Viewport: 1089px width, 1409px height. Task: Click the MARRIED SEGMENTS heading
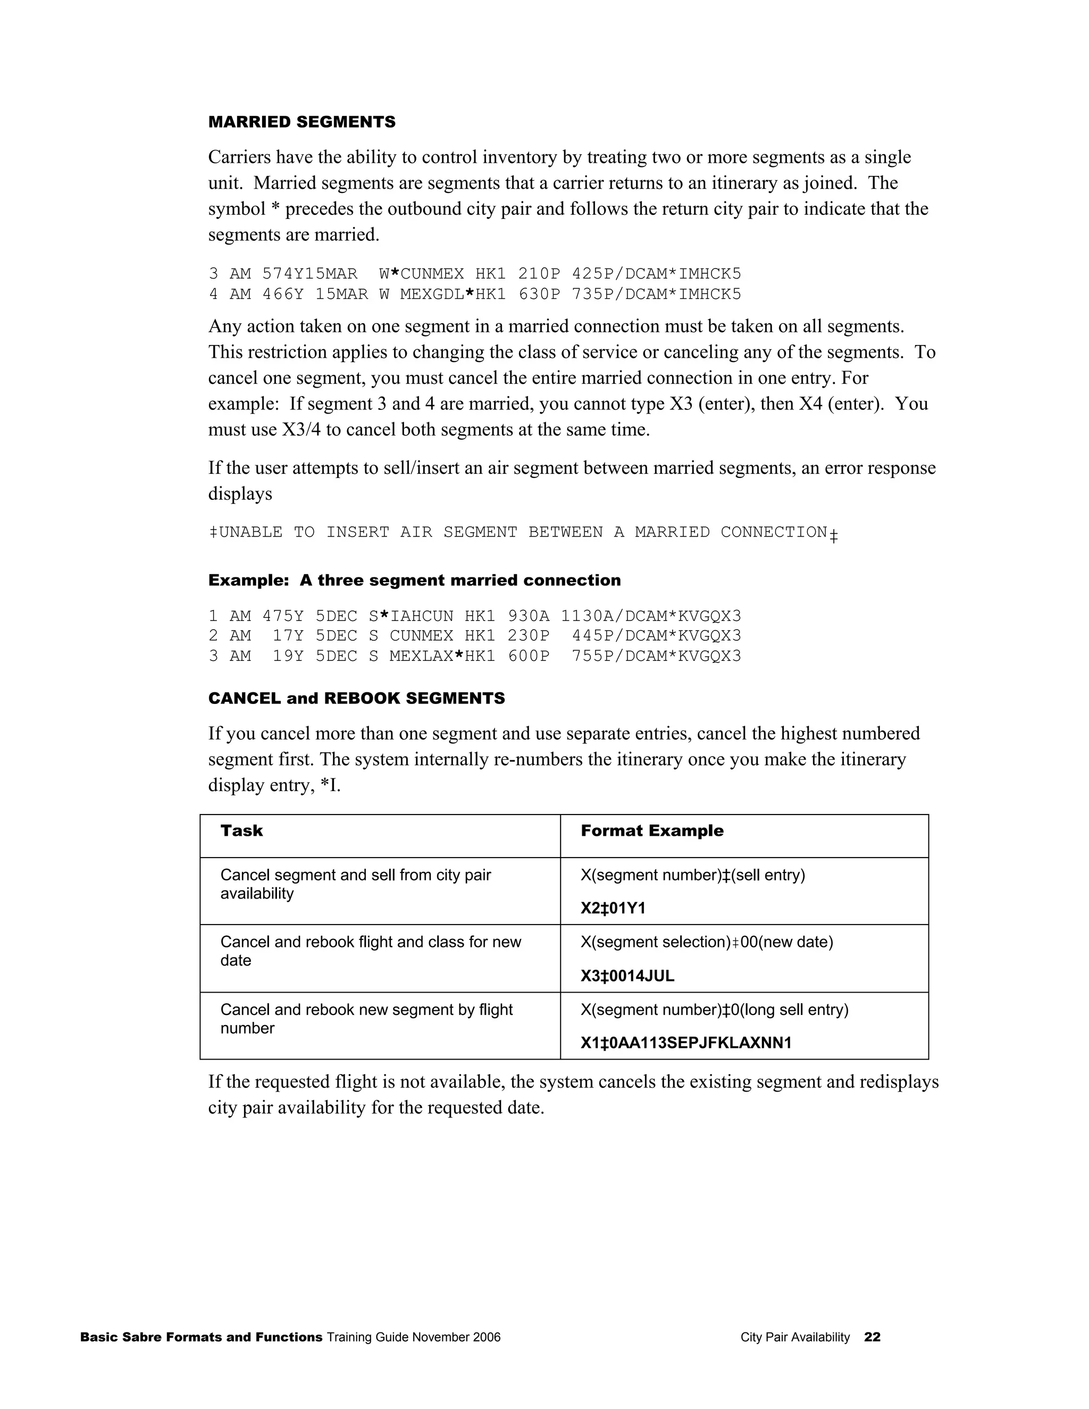[301, 122]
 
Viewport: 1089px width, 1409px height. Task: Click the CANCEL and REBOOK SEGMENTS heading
[356, 698]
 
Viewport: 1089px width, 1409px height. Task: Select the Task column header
[241, 831]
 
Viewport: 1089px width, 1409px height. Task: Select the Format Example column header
[651, 831]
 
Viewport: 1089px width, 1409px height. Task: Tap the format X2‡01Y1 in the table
[613, 908]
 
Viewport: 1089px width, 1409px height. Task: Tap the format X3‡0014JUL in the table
[627, 976]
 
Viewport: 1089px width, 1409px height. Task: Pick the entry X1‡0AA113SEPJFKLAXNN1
[686, 1043]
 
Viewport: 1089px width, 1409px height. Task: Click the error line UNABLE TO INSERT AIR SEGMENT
[523, 532]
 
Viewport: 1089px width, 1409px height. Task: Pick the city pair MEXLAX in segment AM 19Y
[421, 656]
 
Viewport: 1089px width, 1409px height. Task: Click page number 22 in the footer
[872, 1337]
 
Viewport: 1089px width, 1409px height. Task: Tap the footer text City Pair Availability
[795, 1337]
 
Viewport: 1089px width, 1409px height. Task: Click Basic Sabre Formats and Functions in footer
[200, 1337]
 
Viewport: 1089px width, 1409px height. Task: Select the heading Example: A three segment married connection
[414, 580]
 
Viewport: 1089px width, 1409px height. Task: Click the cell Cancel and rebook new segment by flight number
[366, 1019]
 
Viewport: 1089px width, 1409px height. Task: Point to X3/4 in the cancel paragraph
[300, 430]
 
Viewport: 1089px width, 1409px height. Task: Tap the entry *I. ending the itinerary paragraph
[330, 785]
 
